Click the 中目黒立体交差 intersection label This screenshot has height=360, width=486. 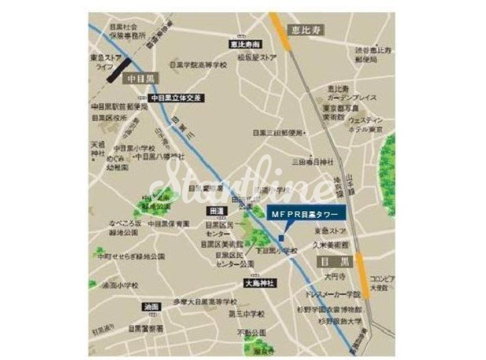coord(176,97)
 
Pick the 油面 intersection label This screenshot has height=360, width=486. coord(151,306)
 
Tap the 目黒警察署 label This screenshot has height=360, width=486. coord(146,328)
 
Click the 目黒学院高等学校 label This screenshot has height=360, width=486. coord(198,66)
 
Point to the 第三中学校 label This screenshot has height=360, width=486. coord(247,313)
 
